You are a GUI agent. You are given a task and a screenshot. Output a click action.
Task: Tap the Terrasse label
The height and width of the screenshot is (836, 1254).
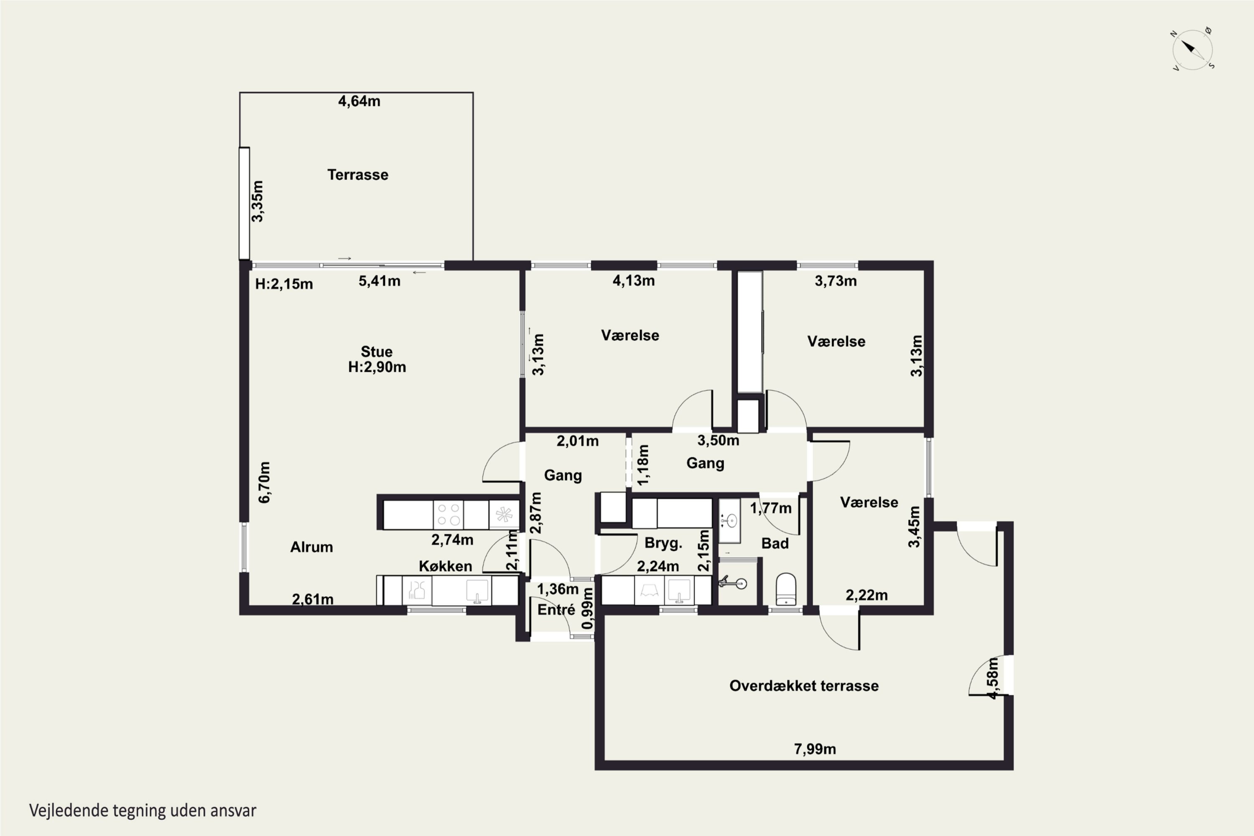[x=358, y=175]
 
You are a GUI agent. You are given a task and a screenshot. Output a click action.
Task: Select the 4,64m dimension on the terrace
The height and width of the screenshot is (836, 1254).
[x=359, y=101]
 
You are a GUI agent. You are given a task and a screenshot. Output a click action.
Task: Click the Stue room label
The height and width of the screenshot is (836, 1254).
[x=377, y=352]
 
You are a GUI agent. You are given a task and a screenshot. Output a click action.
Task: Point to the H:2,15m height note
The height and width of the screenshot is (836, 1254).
[x=284, y=284]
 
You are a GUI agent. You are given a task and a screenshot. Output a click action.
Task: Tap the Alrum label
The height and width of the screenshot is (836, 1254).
[x=311, y=547]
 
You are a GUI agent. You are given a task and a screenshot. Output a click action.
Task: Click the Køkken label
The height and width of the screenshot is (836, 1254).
[x=445, y=566]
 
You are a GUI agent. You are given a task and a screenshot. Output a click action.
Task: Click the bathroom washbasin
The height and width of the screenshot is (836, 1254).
[x=729, y=520]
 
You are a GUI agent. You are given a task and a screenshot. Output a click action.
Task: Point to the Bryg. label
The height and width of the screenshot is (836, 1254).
[x=663, y=543]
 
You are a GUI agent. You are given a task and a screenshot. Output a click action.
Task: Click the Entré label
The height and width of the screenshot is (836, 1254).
[x=556, y=610]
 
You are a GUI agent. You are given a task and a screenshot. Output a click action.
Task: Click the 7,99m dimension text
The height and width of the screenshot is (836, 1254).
[x=815, y=749]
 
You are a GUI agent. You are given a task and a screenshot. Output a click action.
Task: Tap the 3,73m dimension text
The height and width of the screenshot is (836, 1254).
[x=836, y=281]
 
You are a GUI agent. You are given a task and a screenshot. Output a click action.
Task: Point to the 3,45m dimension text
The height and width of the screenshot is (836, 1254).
[x=915, y=527]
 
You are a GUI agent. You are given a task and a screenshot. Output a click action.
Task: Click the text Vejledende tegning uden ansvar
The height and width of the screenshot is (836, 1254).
[x=143, y=811]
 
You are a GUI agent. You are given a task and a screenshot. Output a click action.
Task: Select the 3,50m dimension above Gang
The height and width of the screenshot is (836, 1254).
[x=718, y=441]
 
